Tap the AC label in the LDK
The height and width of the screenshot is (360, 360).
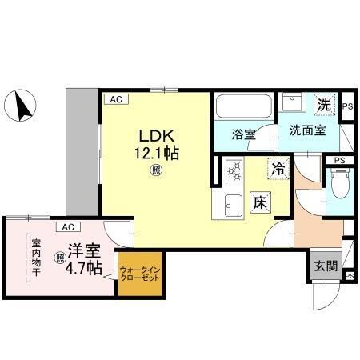coord(116,99)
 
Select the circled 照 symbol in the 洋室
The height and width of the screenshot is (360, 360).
coord(60,258)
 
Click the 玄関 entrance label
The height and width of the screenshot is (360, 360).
coord(323,266)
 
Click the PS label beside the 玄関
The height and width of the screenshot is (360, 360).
coord(349,276)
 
